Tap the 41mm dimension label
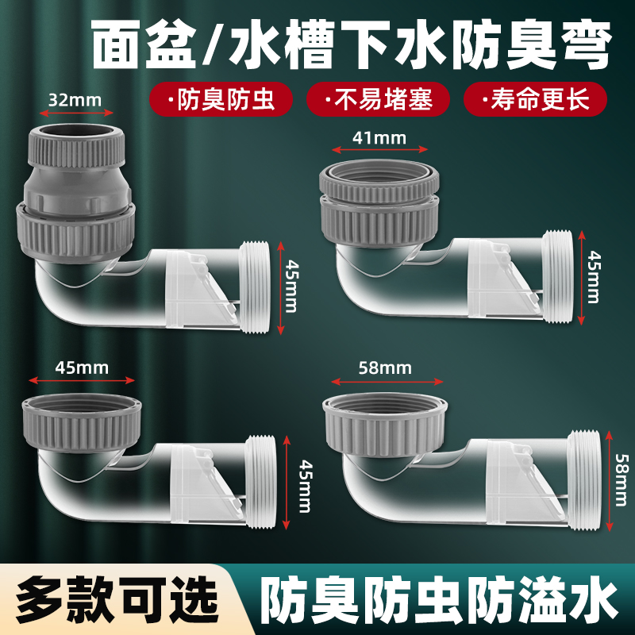coord(379,137)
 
